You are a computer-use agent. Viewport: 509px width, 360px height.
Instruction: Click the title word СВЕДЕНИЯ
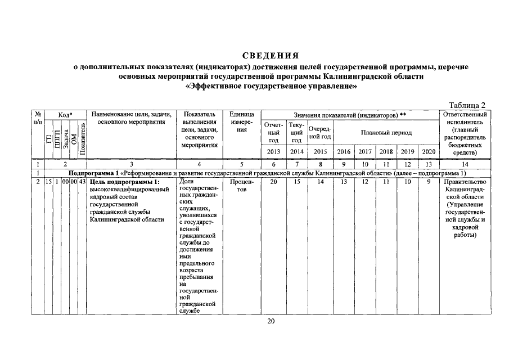[269, 55]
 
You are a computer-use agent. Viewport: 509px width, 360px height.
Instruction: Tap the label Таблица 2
[466, 105]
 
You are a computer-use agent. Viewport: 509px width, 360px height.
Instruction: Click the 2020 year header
[428, 152]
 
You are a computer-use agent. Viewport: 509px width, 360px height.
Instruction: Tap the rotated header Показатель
[83, 138]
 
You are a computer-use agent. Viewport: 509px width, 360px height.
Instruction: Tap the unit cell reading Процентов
[242, 186]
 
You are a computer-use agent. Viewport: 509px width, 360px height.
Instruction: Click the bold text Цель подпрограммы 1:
[125, 182]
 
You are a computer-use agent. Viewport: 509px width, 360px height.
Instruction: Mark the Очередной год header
[319, 133]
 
